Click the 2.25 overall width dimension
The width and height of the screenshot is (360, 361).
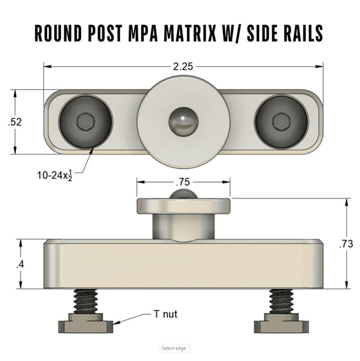[x=183, y=67]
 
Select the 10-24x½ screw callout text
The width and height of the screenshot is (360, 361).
[x=56, y=176]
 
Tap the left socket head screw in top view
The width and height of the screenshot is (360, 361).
[x=85, y=122]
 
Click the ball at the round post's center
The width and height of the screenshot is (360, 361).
[x=183, y=122]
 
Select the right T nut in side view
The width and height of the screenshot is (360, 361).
[x=281, y=325]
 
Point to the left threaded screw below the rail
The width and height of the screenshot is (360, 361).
[x=86, y=300]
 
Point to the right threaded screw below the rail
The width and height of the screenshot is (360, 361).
[x=281, y=300]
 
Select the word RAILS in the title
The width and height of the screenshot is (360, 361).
[x=302, y=33]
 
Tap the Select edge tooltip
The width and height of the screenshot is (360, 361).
[x=174, y=348]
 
